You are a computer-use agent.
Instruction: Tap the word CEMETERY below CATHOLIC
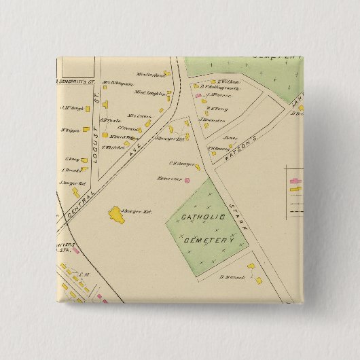(x=209, y=240)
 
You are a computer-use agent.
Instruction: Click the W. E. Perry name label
(x=216, y=107)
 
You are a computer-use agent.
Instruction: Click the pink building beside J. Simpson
(x=199, y=96)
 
